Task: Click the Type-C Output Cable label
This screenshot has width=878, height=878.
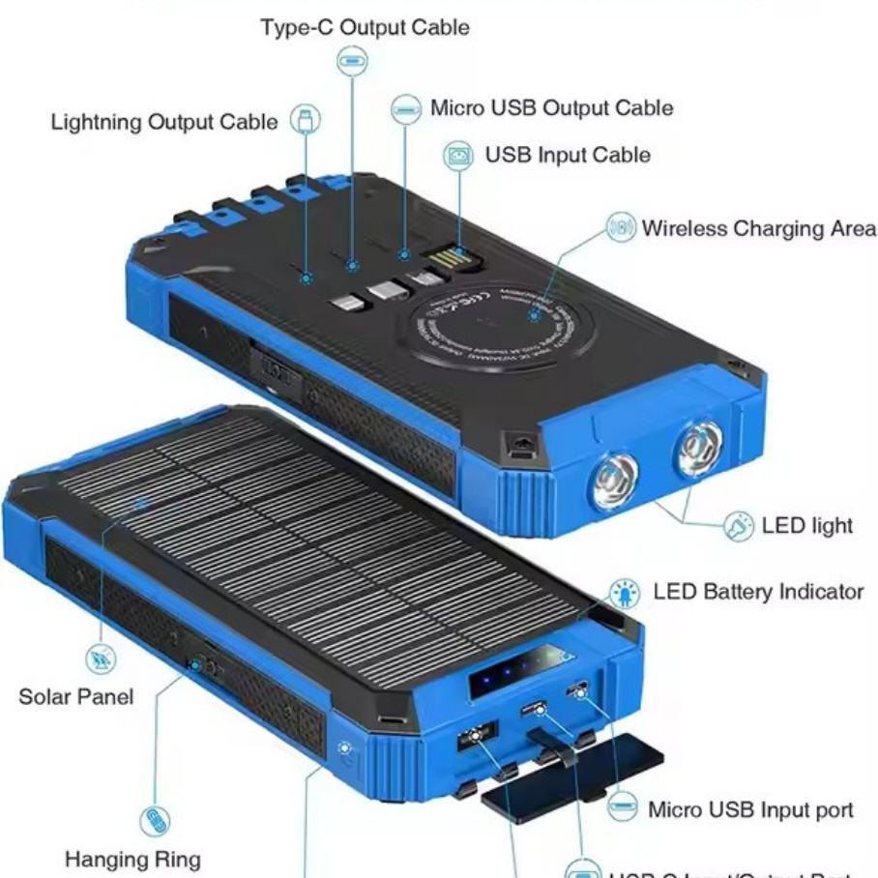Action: tap(365, 27)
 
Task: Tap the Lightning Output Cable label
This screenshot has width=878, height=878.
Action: tap(163, 123)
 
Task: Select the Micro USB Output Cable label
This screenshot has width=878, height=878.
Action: tap(551, 107)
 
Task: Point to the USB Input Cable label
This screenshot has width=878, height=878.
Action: tap(568, 155)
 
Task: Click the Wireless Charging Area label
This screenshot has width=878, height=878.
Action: tap(759, 228)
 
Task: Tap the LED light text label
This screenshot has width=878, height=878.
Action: tap(807, 525)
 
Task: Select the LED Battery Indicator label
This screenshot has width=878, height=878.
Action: tap(758, 591)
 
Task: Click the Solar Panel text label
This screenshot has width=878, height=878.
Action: tap(76, 696)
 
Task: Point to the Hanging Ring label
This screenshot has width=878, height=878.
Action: tap(133, 859)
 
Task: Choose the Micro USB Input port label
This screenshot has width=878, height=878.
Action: tap(750, 809)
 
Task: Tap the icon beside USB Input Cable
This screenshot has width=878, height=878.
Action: tap(458, 155)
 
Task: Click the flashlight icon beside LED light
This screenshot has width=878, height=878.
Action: tap(738, 527)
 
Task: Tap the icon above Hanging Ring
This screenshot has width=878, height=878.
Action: tap(155, 821)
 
